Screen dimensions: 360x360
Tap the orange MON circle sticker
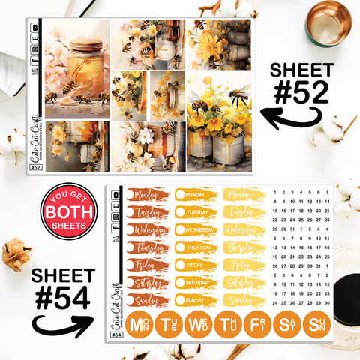pos(139,326)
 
